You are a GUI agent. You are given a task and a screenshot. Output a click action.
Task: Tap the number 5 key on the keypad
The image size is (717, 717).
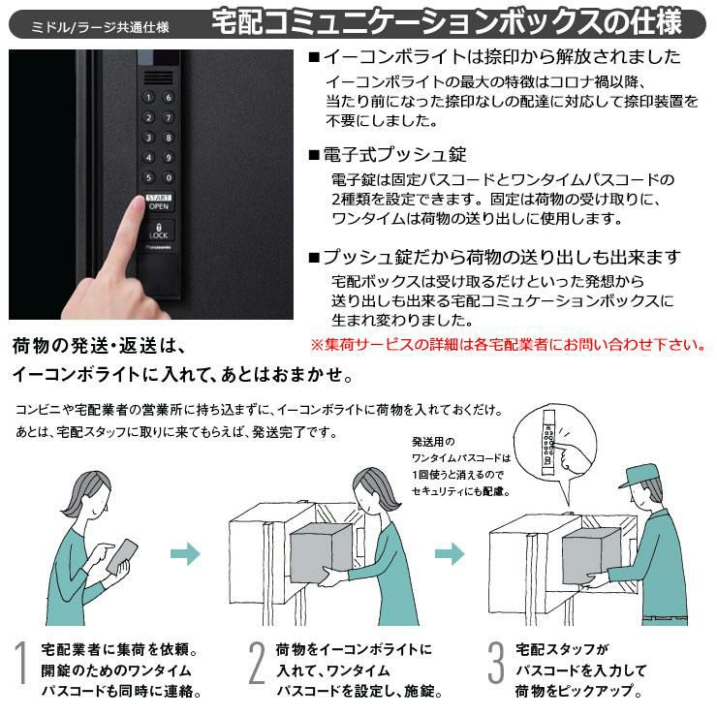[x=148, y=177]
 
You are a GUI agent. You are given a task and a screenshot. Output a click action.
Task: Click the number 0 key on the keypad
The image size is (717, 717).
[x=169, y=177]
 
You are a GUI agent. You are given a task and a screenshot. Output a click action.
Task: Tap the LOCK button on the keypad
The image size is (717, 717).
[x=158, y=231]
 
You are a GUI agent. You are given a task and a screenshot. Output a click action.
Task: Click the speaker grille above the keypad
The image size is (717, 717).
[x=159, y=78]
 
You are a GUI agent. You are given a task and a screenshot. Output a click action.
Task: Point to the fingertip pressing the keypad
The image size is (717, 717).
[x=138, y=203]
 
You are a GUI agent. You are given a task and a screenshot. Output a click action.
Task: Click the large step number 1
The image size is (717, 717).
[x=20, y=663]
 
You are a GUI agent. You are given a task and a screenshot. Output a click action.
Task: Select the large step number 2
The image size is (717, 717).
[x=257, y=663]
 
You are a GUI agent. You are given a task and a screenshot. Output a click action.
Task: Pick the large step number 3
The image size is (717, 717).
[x=496, y=663]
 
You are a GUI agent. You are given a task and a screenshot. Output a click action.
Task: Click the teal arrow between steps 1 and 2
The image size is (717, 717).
[x=185, y=554]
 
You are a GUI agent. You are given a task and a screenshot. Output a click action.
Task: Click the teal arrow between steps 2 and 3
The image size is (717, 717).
[x=450, y=554]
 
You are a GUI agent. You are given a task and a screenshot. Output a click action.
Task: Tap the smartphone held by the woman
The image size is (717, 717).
[x=122, y=556]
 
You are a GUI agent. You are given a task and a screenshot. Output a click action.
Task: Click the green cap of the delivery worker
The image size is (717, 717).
[x=639, y=476]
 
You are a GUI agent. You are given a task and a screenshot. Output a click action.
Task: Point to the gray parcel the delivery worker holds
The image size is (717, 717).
[x=591, y=556]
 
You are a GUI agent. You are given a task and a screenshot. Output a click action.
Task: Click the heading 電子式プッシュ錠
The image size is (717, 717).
[x=394, y=155]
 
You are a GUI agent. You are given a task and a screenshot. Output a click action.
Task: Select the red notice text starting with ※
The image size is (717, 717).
[x=509, y=344]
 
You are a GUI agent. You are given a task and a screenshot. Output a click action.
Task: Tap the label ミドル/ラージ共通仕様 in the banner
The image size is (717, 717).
[x=100, y=27]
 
